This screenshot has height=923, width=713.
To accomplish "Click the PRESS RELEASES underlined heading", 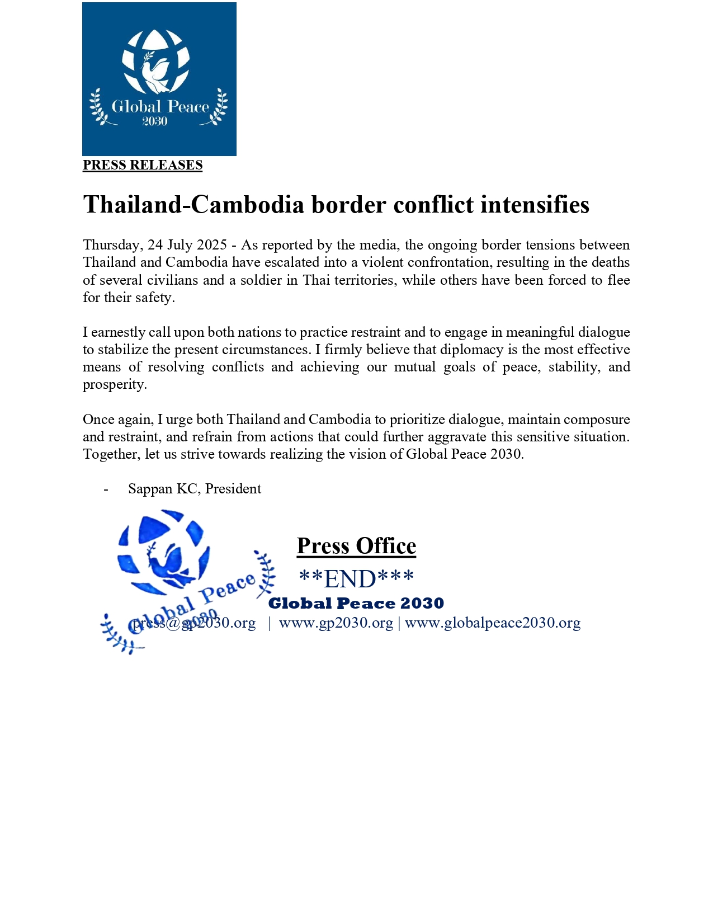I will [143, 165].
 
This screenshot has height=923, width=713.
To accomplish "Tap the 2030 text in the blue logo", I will [155, 121].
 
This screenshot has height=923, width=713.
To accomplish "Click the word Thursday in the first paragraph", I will [112, 245].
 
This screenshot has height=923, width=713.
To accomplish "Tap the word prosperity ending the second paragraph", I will [115, 384].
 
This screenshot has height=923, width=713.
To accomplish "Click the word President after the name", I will [233, 489].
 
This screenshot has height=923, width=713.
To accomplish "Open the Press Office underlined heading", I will [356, 546].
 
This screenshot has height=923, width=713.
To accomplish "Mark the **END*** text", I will [356, 579].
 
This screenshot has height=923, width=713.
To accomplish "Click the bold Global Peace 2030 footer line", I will [356, 604].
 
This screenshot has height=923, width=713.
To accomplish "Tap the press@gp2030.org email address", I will [194, 623].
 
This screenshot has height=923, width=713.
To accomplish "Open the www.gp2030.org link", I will [336, 623].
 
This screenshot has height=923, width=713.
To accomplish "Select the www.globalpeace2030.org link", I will [493, 623].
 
